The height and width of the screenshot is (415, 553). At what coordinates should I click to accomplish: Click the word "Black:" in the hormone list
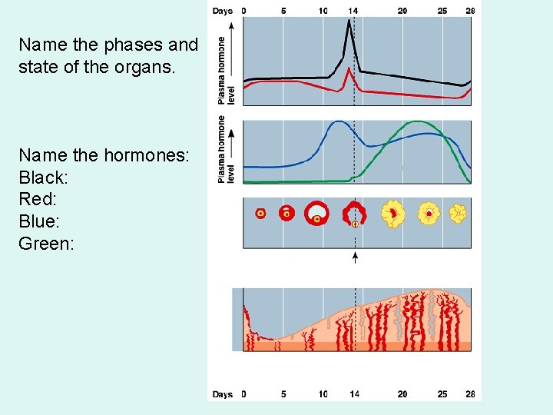click(x=44, y=178)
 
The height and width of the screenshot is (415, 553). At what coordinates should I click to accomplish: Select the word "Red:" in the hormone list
click(x=38, y=200)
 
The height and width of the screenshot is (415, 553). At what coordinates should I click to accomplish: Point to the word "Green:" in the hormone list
click(x=46, y=244)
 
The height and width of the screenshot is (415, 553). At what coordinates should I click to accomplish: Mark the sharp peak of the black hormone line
click(x=349, y=21)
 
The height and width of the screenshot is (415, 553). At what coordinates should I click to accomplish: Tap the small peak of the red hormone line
click(x=349, y=69)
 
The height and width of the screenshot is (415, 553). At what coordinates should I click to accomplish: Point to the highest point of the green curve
click(x=417, y=121)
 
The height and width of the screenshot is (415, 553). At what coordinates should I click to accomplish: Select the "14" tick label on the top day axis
click(x=353, y=11)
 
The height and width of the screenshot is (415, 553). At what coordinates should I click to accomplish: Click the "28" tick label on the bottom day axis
click(x=470, y=394)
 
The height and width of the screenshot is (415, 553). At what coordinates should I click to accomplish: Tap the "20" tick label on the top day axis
click(x=402, y=11)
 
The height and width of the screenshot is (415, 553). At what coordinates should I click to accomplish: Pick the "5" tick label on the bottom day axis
click(x=283, y=394)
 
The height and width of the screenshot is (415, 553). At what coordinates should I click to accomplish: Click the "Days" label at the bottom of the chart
click(x=223, y=394)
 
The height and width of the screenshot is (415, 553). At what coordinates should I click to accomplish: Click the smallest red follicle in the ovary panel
click(x=260, y=213)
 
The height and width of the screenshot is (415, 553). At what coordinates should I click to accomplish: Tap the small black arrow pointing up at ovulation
click(x=355, y=257)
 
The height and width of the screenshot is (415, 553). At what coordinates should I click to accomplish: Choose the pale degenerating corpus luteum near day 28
click(x=458, y=213)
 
